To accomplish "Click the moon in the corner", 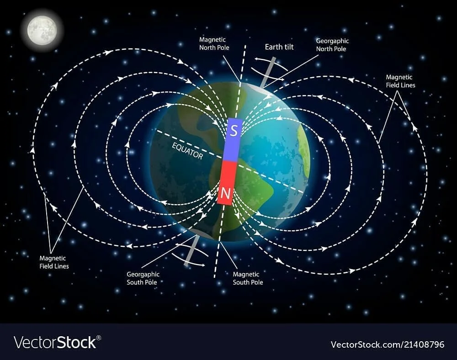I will (x=42, y=30).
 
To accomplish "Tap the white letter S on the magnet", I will (x=234, y=132).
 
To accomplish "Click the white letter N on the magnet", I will (x=225, y=194).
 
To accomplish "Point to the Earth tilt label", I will (x=280, y=47).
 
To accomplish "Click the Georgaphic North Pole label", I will (x=332, y=45).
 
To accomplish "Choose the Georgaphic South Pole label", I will (x=143, y=278).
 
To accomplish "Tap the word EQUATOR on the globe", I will (x=187, y=149).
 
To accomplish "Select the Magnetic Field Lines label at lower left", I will (x=54, y=262).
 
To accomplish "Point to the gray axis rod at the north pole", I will (x=268, y=72).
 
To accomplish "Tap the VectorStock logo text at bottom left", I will (x=55, y=342).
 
